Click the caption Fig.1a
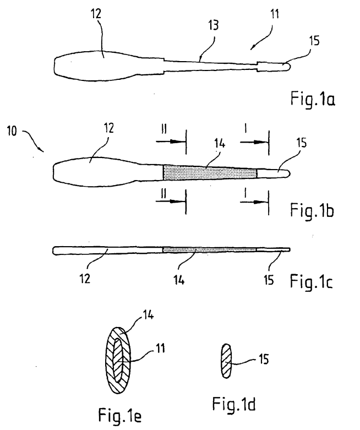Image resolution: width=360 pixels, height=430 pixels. pos(313,99)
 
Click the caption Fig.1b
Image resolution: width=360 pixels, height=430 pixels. pos(312,211)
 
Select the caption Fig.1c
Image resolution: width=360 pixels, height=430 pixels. pos(311,281)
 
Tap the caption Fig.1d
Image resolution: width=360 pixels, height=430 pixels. pos(234,404)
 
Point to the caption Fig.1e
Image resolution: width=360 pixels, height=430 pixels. pos(120,415)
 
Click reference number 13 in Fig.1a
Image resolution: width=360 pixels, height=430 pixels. pos(214,25)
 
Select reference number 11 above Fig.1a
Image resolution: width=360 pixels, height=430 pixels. pos(275,14)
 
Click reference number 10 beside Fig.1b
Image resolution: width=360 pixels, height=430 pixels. pos(12,131)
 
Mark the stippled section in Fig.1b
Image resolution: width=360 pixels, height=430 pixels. pos(210,173)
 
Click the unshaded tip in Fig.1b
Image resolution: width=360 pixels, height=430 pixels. pos(274,173)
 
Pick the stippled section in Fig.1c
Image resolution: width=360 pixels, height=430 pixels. pos(210,250)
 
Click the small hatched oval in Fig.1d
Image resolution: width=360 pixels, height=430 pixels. pos(226,361)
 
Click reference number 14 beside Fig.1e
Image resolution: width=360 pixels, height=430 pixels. pos(148,315)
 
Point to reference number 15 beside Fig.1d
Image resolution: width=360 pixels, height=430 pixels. pos(264,359)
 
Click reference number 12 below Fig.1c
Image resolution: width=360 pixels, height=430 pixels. pos(85,279)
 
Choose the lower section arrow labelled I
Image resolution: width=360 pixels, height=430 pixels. pos(254,202)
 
